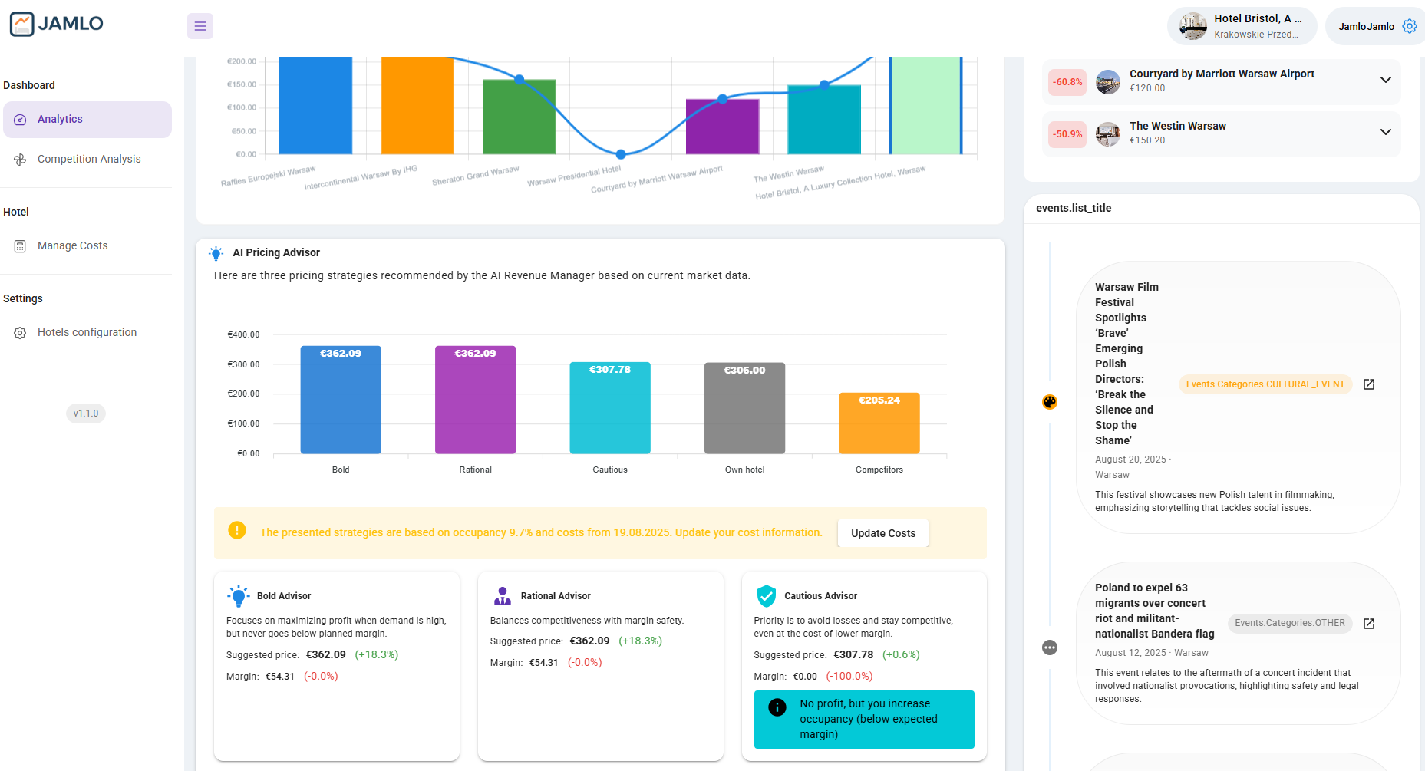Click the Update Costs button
pyautogui.click(x=882, y=533)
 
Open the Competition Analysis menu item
pyautogui.click(x=88, y=159)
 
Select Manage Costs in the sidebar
pyautogui.click(x=72, y=245)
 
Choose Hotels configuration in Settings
pyautogui.click(x=87, y=332)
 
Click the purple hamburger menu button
pyautogui.click(x=200, y=26)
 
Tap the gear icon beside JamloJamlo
pyautogui.click(x=1409, y=26)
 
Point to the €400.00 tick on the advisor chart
pyautogui.click(x=243, y=334)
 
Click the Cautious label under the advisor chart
pyautogui.click(x=610, y=470)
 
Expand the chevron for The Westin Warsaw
pyautogui.click(x=1385, y=132)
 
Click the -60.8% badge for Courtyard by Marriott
pyautogui.click(x=1067, y=82)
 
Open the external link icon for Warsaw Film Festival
pyautogui.click(x=1368, y=384)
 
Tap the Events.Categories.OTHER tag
pyautogui.click(x=1289, y=623)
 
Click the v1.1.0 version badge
pyautogui.click(x=86, y=414)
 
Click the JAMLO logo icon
pyautogui.click(x=21, y=24)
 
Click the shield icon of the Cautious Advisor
pyautogui.click(x=766, y=595)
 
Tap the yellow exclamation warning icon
pyautogui.click(x=237, y=530)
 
